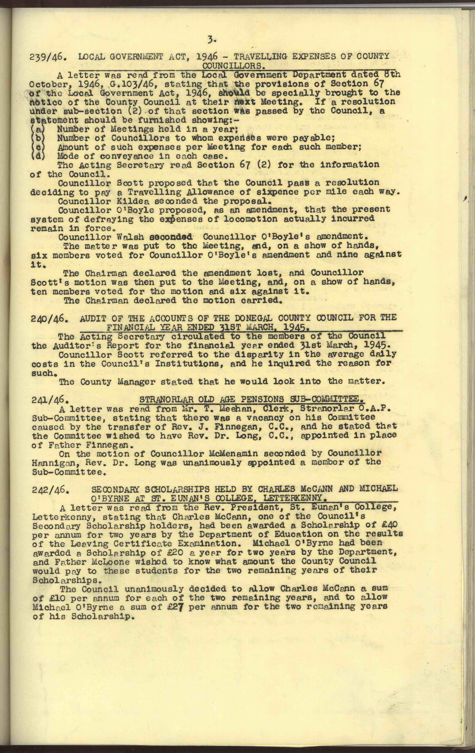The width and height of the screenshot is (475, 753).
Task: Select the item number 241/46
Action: (x=48, y=400)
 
